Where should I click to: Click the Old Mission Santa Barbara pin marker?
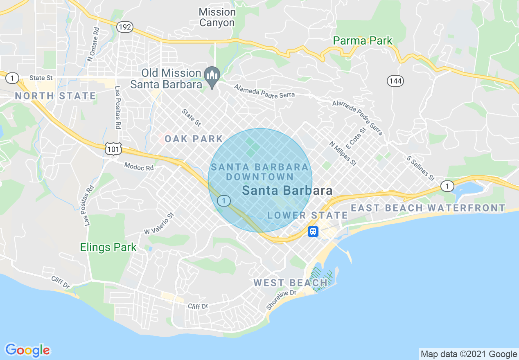212,76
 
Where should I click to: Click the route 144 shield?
395,81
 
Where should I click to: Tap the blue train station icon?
313,232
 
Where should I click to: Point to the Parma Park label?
362,41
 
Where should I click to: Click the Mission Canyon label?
217,18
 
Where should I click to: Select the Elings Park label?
108,247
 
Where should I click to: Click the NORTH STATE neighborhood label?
55,96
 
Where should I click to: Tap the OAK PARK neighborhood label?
194,139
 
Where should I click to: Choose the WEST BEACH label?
291,283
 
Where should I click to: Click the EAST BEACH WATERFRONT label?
428,208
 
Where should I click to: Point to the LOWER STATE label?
307,215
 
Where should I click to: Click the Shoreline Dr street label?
281,300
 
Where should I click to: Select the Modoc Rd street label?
139,167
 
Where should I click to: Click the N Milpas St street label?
343,154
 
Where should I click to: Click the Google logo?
27,350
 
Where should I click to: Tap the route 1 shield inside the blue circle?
223,200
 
